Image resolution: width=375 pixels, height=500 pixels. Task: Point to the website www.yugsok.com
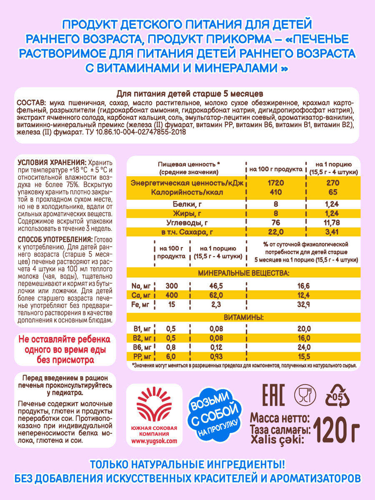tap(154, 440)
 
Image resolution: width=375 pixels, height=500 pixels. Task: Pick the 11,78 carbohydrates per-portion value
tap(333, 222)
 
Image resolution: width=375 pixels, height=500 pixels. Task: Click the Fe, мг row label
tap(140, 304)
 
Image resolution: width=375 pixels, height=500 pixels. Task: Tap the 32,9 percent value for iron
tap(302, 304)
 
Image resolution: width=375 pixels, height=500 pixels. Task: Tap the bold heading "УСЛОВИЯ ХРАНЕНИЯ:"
tap(50, 162)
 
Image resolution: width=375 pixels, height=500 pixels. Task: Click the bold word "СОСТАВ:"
tap(31, 103)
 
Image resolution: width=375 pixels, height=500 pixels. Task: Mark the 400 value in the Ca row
tap(171, 295)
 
